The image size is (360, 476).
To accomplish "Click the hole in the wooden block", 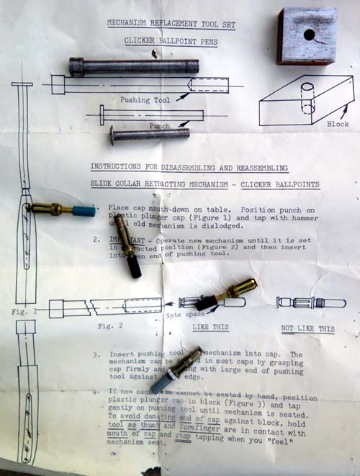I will (x=309, y=35).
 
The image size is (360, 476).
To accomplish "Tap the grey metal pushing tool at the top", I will (x=133, y=66).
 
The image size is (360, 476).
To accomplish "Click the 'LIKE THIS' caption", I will (x=210, y=328).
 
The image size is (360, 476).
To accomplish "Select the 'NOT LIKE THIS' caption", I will (x=307, y=329).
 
